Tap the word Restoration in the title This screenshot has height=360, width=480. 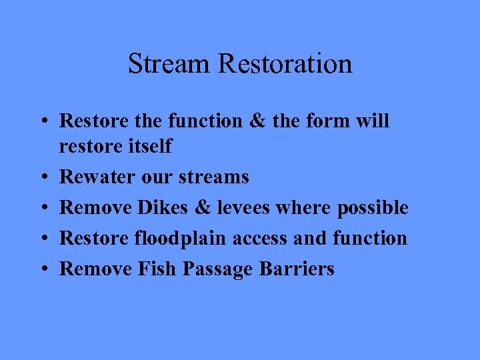285,64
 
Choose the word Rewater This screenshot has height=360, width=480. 94,177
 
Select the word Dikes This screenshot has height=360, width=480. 163,208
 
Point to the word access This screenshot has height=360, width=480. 259,239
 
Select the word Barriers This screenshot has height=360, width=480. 297,269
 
